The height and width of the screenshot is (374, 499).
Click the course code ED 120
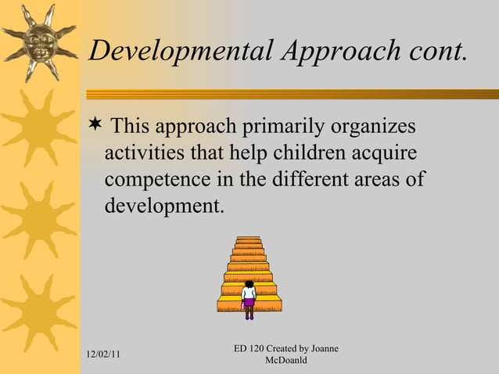pos(251,347)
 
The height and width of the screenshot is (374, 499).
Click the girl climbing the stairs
pos(249,299)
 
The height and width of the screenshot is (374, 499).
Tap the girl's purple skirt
pos(249,303)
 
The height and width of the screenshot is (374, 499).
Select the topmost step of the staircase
pos(249,239)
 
